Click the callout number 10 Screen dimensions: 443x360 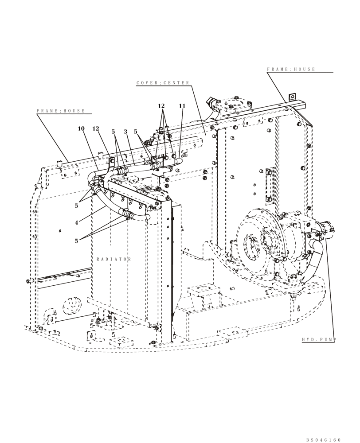coord(81,129)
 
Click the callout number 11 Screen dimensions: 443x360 coord(182,106)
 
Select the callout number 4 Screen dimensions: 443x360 coord(76,222)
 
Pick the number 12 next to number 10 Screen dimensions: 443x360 coord(96,129)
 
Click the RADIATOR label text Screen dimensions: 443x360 coord(113,259)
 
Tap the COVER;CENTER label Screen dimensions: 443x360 coord(163,83)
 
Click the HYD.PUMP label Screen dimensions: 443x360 coord(319,340)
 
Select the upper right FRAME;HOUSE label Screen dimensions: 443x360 coord(291,70)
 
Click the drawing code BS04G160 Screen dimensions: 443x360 coord(323,439)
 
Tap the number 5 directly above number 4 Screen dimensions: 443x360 coord(76,205)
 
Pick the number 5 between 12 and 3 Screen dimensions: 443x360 coord(113,132)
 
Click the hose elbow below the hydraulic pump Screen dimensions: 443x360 coord(317,246)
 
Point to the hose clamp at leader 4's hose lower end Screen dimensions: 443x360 coord(127,216)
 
